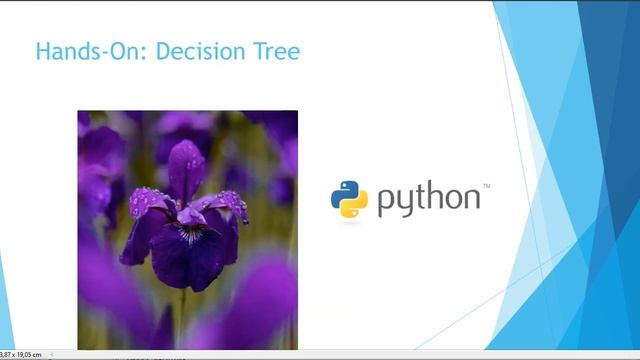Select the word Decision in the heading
tap(202, 51)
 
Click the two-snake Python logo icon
tap(349, 199)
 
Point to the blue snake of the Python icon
tap(343, 192)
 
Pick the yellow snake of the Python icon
tap(355, 206)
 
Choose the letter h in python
tap(437, 197)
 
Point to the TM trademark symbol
tap(487, 186)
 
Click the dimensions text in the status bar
tap(20, 354)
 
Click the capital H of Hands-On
tap(42, 51)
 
